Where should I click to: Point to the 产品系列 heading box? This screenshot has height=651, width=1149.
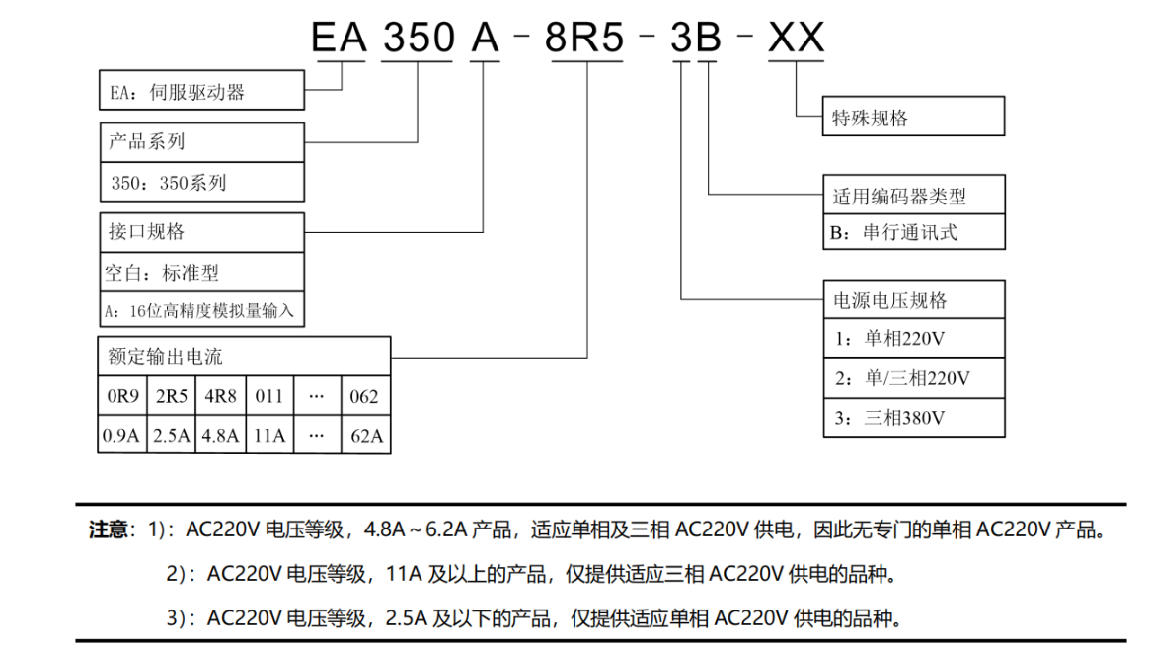200,141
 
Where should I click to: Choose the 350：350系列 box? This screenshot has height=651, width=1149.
200,182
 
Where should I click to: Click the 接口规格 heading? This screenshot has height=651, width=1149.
200,232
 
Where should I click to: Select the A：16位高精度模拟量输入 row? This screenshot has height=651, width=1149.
200,310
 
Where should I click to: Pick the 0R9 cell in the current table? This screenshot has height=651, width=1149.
121,397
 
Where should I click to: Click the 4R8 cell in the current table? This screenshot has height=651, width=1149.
220,397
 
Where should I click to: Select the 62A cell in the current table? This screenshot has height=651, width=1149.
365,436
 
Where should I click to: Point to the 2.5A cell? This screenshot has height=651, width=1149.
171,436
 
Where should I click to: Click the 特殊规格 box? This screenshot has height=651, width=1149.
914,119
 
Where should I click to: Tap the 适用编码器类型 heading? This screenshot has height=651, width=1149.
914,196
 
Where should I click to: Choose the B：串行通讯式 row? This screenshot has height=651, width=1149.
914,233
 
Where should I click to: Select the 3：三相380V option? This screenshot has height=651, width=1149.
914,418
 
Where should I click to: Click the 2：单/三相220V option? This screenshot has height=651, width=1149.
914,378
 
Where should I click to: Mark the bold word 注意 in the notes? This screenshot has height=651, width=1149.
109,530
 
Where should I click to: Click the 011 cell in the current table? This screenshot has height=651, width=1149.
268,397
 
